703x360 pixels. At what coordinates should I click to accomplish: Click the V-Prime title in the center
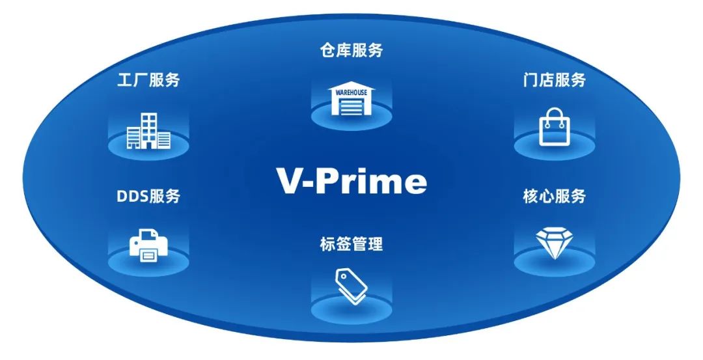(x=351, y=181)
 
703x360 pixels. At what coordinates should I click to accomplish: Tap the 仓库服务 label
(x=351, y=50)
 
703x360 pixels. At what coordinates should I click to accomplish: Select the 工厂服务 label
(x=148, y=80)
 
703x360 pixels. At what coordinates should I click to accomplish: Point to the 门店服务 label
(x=554, y=80)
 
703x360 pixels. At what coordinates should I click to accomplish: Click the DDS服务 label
(x=148, y=197)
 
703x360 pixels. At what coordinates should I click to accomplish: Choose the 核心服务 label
(x=554, y=197)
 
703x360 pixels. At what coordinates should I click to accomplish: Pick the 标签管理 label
(x=351, y=244)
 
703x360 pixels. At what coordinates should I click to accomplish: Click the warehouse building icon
(x=351, y=99)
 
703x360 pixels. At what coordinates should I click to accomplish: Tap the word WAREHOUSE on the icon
(x=351, y=92)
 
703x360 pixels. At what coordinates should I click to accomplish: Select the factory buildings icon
(x=148, y=130)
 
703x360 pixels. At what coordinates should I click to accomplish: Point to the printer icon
(x=148, y=245)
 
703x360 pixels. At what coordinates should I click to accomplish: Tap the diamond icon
(x=554, y=243)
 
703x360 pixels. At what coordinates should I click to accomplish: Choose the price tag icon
(x=351, y=286)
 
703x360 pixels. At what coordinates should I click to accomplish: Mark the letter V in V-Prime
(x=291, y=181)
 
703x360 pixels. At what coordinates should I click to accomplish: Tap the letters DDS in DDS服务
(x=133, y=197)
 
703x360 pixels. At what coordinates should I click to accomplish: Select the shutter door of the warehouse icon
(x=351, y=107)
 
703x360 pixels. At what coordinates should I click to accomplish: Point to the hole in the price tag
(x=343, y=277)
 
